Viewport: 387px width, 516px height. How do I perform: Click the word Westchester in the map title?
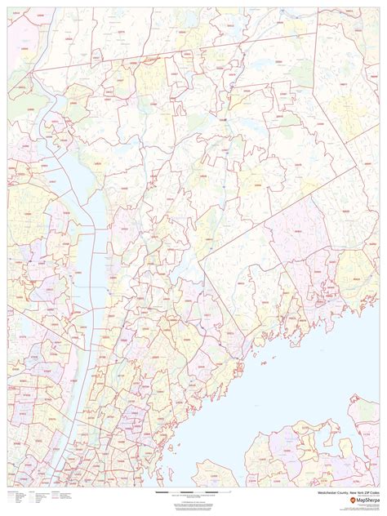pos(324,494)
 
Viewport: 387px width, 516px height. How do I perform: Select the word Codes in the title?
pos(372,494)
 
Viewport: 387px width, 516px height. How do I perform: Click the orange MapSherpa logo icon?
pos(352,500)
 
